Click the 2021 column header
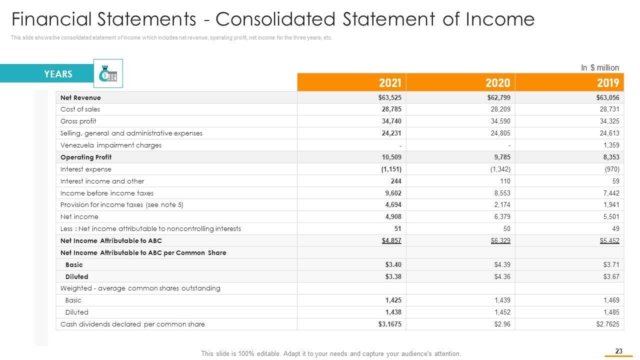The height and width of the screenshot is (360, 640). click(x=390, y=82)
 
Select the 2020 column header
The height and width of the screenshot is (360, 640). click(x=497, y=82)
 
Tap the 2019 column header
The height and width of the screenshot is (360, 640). click(x=607, y=82)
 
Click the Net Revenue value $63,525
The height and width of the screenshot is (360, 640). click(x=390, y=97)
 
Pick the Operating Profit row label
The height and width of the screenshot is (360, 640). click(x=86, y=157)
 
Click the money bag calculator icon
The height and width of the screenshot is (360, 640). click(x=108, y=74)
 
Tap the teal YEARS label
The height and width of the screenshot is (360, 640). click(x=58, y=74)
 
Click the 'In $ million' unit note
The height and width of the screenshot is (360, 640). click(x=599, y=67)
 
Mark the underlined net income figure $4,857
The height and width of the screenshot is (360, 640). click(x=391, y=240)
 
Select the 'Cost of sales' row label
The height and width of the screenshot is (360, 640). click(x=80, y=109)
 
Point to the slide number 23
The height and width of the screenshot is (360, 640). click(x=619, y=351)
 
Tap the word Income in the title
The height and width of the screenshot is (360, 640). click(x=500, y=19)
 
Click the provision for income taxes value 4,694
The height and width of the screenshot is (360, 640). click(x=392, y=204)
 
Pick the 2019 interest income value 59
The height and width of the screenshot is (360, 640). click(x=615, y=181)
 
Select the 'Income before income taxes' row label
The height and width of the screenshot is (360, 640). click(x=107, y=193)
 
